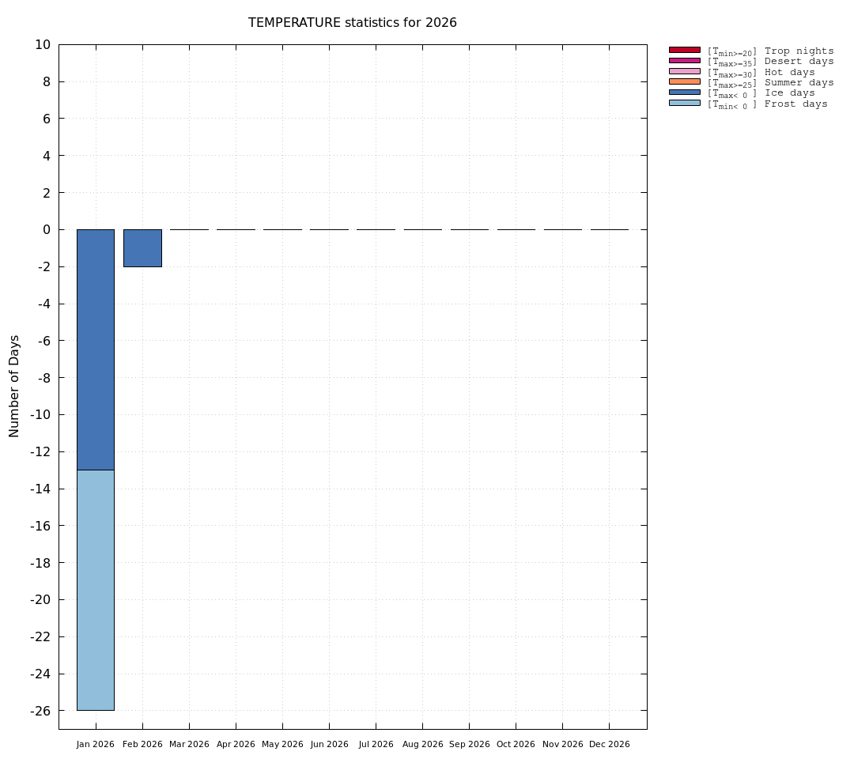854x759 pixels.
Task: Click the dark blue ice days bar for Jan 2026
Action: (96, 349)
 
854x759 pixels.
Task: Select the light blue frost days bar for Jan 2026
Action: (96, 589)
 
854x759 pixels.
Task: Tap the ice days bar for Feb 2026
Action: (142, 247)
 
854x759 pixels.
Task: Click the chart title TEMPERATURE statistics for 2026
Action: (352, 23)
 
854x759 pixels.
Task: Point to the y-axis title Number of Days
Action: (14, 386)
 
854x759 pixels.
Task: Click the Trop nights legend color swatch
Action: (684, 50)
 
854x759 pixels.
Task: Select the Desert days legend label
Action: (799, 62)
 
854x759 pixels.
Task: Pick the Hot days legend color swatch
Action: (684, 71)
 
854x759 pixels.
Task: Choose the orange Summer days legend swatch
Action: (684, 81)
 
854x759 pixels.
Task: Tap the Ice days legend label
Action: (789, 93)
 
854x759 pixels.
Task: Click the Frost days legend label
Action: (795, 104)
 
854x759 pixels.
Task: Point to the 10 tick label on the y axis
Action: (43, 45)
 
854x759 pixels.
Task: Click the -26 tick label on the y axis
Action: (40, 711)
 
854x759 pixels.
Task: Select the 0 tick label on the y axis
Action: (47, 230)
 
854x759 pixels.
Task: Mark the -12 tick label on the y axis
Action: (40, 451)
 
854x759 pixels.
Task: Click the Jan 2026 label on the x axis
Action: (96, 745)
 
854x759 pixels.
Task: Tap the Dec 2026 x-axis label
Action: (610, 745)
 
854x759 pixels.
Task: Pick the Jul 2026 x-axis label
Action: (376, 745)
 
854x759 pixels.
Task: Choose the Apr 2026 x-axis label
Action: (236, 745)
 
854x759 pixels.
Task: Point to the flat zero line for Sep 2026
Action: (470, 229)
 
